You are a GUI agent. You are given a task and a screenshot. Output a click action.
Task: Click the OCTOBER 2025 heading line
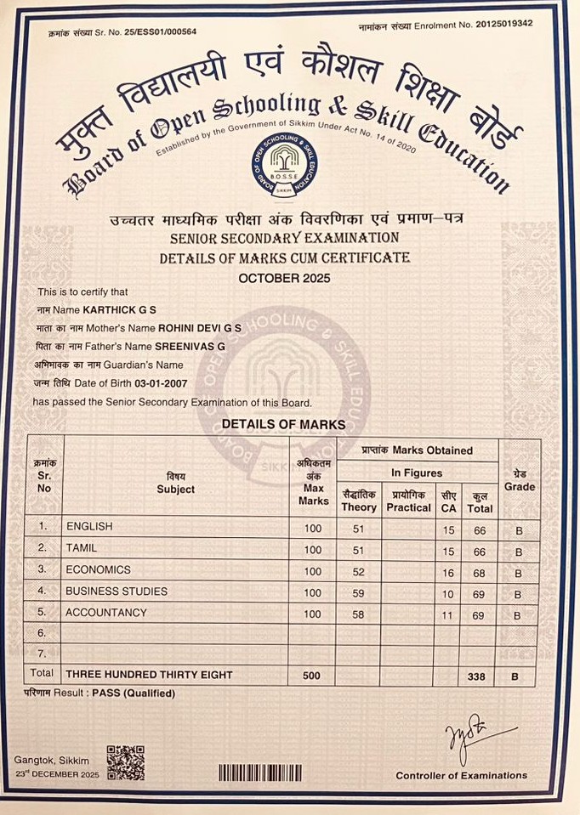[284, 278]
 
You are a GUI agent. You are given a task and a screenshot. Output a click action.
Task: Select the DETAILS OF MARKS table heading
[283, 423]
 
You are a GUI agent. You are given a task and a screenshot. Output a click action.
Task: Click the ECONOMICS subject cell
[99, 570]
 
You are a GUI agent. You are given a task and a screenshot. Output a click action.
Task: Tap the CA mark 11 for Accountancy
[448, 614]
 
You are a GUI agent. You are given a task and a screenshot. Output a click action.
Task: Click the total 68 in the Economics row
[480, 571]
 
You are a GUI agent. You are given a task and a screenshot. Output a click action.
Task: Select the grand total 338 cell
[480, 676]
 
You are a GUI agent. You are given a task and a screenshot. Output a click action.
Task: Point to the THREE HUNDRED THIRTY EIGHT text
[149, 676]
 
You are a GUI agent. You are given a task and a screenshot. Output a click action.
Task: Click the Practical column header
[408, 501]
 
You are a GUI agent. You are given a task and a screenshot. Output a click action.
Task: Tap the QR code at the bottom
[125, 763]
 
